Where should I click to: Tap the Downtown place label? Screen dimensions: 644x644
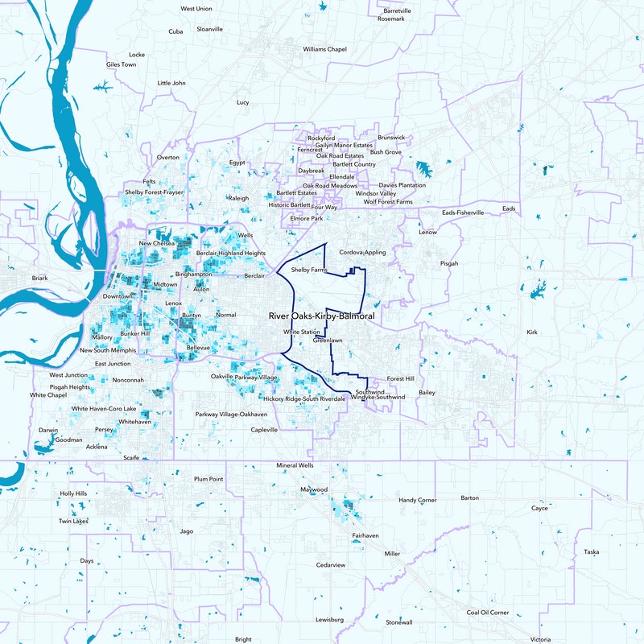pos(118,296)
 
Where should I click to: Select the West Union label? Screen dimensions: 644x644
pos(196,9)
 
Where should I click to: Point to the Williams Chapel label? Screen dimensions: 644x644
pos(324,49)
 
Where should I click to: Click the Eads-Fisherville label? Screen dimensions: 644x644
pos(464,213)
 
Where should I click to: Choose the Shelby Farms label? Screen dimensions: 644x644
pos(310,270)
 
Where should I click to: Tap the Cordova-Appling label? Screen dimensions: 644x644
pos(362,252)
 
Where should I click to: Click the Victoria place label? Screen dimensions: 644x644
pos(540,639)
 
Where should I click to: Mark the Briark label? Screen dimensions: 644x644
pos(40,279)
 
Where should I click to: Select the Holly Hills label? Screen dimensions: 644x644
pos(73,493)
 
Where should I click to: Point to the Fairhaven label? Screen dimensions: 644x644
pos(365,535)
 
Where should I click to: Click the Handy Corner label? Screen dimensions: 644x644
pos(418,500)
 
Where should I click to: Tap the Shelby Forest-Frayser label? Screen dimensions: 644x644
pos(153,193)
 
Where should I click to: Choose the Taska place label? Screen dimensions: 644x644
pos(592,552)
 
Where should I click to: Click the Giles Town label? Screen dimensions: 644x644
pos(122,64)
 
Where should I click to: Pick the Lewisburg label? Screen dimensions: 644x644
pos(330,620)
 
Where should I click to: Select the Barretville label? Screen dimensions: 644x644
pos(395,10)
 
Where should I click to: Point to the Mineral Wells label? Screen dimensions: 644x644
pos(295,465)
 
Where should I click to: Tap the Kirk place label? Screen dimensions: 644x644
pos(531,332)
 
